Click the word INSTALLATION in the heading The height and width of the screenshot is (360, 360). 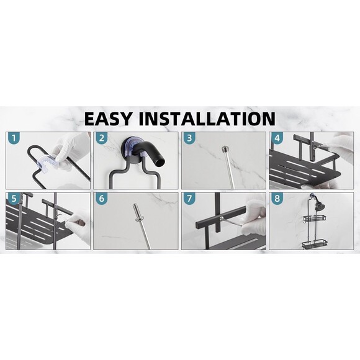click(x=213, y=118)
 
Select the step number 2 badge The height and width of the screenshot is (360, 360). click(x=102, y=138)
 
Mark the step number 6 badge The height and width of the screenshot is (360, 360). click(x=102, y=199)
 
